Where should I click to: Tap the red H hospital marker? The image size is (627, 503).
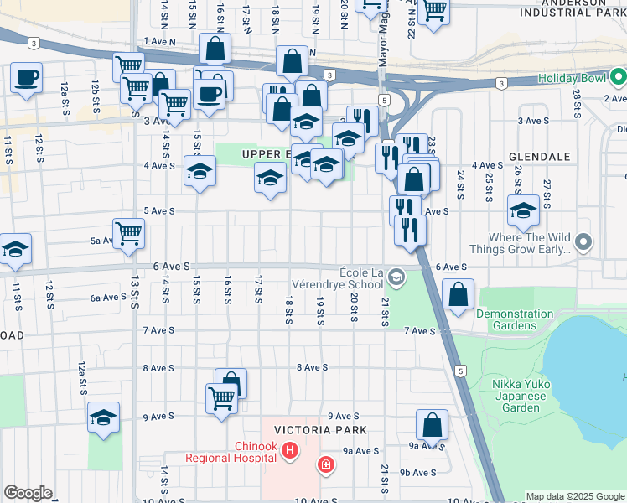[x=290, y=452]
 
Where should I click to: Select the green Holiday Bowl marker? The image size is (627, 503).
[x=619, y=80]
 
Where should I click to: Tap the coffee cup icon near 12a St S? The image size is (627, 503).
[x=26, y=78]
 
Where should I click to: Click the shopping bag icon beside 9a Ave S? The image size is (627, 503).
[x=432, y=424]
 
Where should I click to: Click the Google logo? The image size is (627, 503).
[x=28, y=493]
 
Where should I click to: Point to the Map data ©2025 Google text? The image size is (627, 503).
[x=575, y=496]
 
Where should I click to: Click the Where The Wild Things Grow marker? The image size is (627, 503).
[x=584, y=243]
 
